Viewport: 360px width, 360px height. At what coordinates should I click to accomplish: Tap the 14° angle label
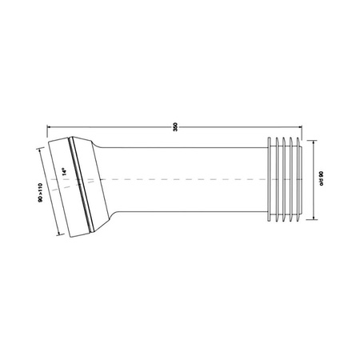65,171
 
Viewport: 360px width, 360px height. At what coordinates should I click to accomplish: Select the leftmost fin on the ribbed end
266,180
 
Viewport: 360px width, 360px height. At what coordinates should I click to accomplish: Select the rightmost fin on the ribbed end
298,180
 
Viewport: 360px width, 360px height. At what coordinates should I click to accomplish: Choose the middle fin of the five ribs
282,180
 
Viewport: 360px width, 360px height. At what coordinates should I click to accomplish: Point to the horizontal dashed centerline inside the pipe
184,179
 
